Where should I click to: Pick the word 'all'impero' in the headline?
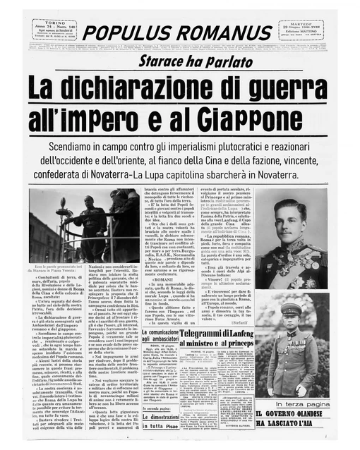(85, 117)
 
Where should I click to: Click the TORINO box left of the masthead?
(54, 30)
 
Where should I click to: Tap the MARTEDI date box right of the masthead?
(301, 30)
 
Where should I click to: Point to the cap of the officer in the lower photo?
(292, 309)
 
